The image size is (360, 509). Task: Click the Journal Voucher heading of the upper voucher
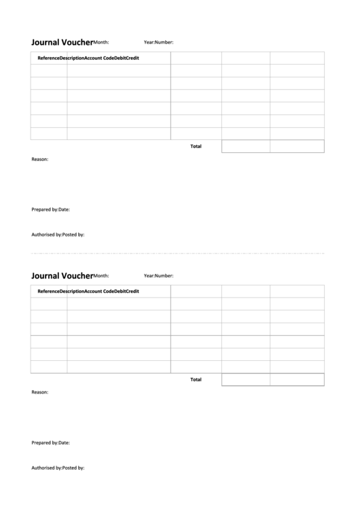[62, 41]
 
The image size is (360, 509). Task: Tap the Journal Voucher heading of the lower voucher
[62, 275]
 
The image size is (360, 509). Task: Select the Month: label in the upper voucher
[101, 42]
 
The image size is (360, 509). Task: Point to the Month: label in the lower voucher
[101, 276]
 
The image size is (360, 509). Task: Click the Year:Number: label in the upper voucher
[158, 42]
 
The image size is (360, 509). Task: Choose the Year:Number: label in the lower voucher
[158, 276]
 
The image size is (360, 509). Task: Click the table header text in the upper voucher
[88, 58]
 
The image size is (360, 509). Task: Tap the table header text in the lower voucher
[88, 292]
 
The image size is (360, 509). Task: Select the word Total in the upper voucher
[196, 146]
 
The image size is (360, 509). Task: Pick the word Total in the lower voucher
[196, 379]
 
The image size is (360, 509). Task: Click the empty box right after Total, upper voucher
[246, 146]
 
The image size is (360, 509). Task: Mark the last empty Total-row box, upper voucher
[297, 146]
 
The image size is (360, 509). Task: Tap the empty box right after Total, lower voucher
[246, 379]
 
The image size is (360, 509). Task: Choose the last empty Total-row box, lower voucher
[297, 379]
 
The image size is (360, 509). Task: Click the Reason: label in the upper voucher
[40, 159]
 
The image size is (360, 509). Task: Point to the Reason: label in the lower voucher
[40, 392]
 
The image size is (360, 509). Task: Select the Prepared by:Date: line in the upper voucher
[50, 209]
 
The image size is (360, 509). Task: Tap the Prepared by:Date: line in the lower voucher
[50, 442]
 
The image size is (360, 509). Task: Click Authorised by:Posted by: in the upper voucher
[58, 234]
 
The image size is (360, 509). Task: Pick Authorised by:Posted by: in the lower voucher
[58, 468]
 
